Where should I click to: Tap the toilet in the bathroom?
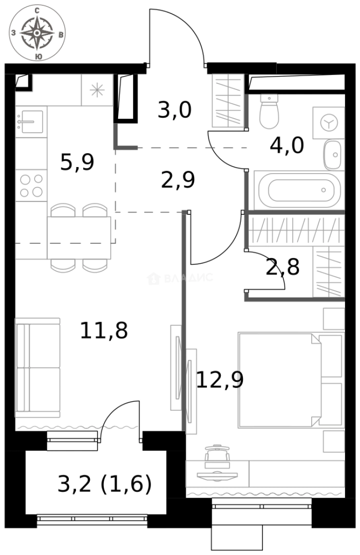click(269, 112)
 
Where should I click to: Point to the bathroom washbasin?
click(334, 154)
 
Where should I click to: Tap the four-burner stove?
click(31, 186)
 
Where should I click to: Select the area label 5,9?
click(77, 162)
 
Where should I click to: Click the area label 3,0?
click(174, 110)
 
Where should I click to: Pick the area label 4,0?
click(287, 145)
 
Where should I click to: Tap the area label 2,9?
click(178, 180)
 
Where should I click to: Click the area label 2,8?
click(282, 267)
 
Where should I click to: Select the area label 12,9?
click(220, 380)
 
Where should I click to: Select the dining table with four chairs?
click(79, 237)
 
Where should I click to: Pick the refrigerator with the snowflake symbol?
click(97, 90)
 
